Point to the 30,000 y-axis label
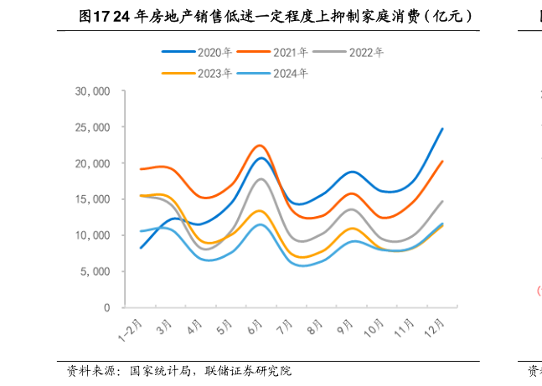(x=93, y=91)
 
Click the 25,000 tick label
(x=93, y=127)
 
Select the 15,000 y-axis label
(x=93, y=199)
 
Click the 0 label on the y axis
(x=107, y=307)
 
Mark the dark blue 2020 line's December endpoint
(x=442, y=129)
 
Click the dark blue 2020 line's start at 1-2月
(x=140, y=248)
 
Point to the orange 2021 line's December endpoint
(x=442, y=162)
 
